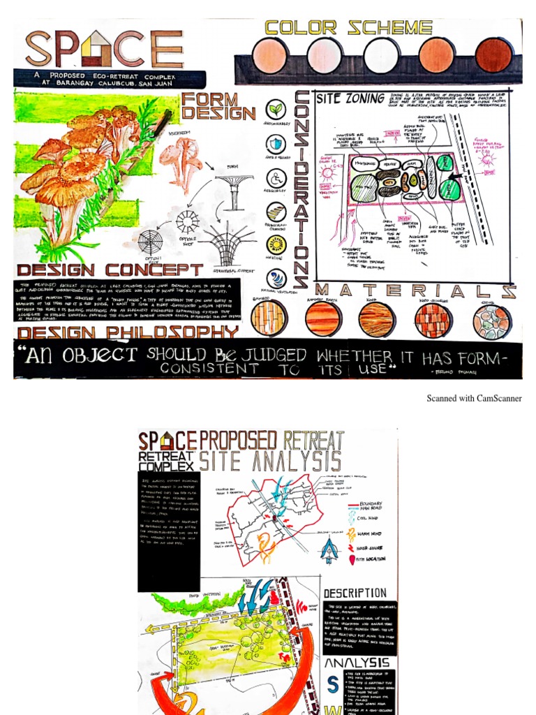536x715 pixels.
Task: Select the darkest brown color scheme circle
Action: point(493,55)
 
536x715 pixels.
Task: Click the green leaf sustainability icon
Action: point(276,110)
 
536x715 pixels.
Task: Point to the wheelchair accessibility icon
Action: point(276,178)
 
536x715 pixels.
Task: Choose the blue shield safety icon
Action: point(276,144)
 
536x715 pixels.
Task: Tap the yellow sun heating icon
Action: point(277,244)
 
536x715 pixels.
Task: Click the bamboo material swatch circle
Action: point(268,318)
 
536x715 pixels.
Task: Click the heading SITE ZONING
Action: point(350,98)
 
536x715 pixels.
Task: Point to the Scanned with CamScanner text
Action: point(474,399)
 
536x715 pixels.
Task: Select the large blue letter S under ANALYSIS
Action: point(332,686)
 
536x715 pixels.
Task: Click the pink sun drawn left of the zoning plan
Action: point(326,170)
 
